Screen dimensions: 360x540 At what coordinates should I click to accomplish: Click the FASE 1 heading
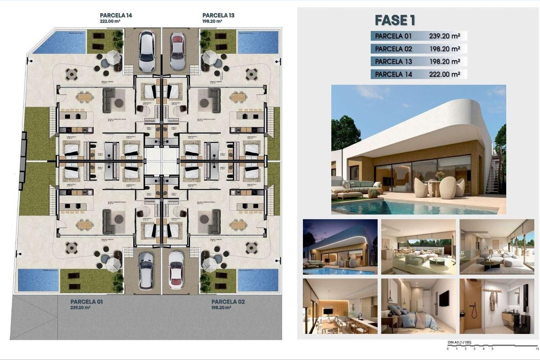(395, 20)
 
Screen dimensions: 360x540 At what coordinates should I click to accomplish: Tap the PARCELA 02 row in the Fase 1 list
(418, 49)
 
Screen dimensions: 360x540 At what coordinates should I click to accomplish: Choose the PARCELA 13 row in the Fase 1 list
(418, 62)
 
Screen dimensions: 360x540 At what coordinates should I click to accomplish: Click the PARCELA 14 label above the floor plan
(116, 15)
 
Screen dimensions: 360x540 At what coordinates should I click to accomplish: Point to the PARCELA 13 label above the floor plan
(218, 15)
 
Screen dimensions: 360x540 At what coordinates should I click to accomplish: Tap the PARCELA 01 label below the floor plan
(86, 301)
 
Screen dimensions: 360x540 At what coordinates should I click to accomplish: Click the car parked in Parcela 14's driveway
(147, 51)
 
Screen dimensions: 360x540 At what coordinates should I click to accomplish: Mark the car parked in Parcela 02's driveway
(176, 270)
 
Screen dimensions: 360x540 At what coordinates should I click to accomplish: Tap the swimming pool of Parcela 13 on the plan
(257, 42)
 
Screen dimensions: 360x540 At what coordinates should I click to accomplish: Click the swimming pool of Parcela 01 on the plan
(38, 280)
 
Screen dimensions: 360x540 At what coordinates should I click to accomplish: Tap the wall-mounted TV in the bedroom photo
(444, 297)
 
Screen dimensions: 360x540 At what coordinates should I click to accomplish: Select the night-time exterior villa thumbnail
(340, 247)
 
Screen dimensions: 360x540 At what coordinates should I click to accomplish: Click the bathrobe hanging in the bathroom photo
(492, 301)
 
